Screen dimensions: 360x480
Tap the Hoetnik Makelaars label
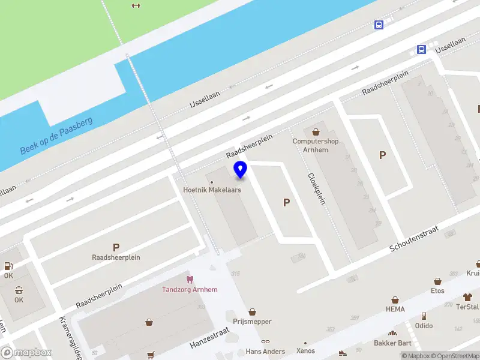(212, 190)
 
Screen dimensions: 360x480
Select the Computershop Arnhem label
(315, 145)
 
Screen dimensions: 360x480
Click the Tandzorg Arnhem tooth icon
(190, 279)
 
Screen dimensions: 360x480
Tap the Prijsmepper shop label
(252, 322)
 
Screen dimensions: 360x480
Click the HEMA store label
(395, 309)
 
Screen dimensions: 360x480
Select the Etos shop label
(437, 290)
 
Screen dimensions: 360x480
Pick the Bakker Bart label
(393, 343)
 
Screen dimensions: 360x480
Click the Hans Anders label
(265, 351)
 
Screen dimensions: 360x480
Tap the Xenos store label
(305, 351)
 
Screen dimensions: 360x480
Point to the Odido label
(424, 326)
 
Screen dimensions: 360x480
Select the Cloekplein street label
(316, 188)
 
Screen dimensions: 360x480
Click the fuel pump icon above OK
(8, 266)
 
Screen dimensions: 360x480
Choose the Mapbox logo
(26, 353)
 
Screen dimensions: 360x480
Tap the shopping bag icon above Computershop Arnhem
(315, 131)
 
